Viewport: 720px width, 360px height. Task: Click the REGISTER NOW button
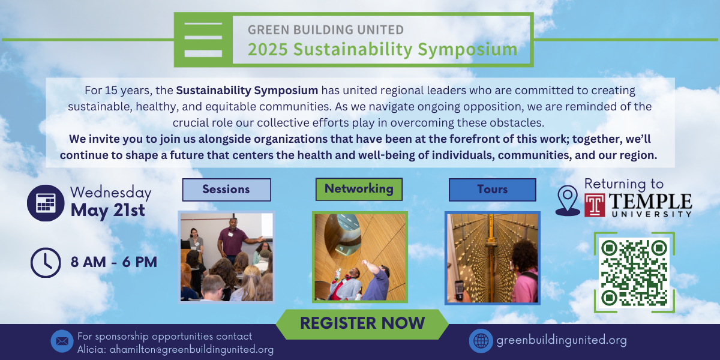(362, 324)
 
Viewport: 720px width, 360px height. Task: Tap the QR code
(634, 272)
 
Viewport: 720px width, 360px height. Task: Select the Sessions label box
(227, 190)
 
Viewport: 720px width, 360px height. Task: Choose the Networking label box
(359, 190)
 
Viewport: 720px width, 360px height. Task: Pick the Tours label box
(493, 190)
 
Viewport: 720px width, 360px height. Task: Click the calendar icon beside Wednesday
(46, 203)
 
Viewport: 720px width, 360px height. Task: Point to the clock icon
(46, 262)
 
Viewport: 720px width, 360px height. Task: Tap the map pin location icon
(568, 200)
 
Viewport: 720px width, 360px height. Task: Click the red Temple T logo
(595, 205)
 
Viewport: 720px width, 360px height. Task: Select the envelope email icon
(62, 341)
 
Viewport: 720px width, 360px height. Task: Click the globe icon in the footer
(481, 341)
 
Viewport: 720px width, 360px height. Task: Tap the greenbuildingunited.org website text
(562, 340)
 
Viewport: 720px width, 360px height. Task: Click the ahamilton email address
(191, 350)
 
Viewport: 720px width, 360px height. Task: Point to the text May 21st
(107, 211)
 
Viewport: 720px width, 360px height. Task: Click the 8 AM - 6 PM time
(114, 262)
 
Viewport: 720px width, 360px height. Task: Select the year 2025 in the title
(268, 49)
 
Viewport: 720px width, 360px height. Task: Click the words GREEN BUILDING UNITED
(326, 29)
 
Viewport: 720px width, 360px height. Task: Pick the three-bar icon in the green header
(203, 40)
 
